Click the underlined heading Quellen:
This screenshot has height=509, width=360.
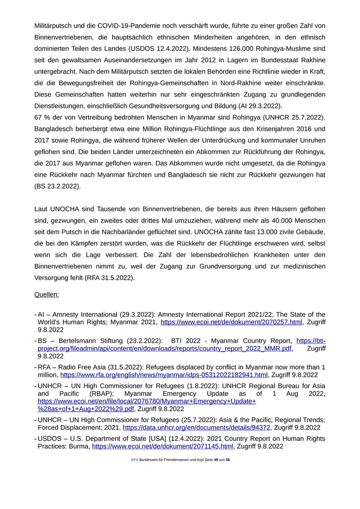click(x=46, y=295)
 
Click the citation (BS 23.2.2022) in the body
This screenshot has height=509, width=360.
click(x=57, y=186)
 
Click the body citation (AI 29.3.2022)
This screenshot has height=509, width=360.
click(x=253, y=106)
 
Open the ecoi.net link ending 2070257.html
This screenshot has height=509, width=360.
click(x=231, y=322)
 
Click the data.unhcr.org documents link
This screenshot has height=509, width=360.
click(x=197, y=427)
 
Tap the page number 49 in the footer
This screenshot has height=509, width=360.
click(x=216, y=460)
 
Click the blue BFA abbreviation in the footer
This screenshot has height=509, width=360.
click(x=134, y=460)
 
